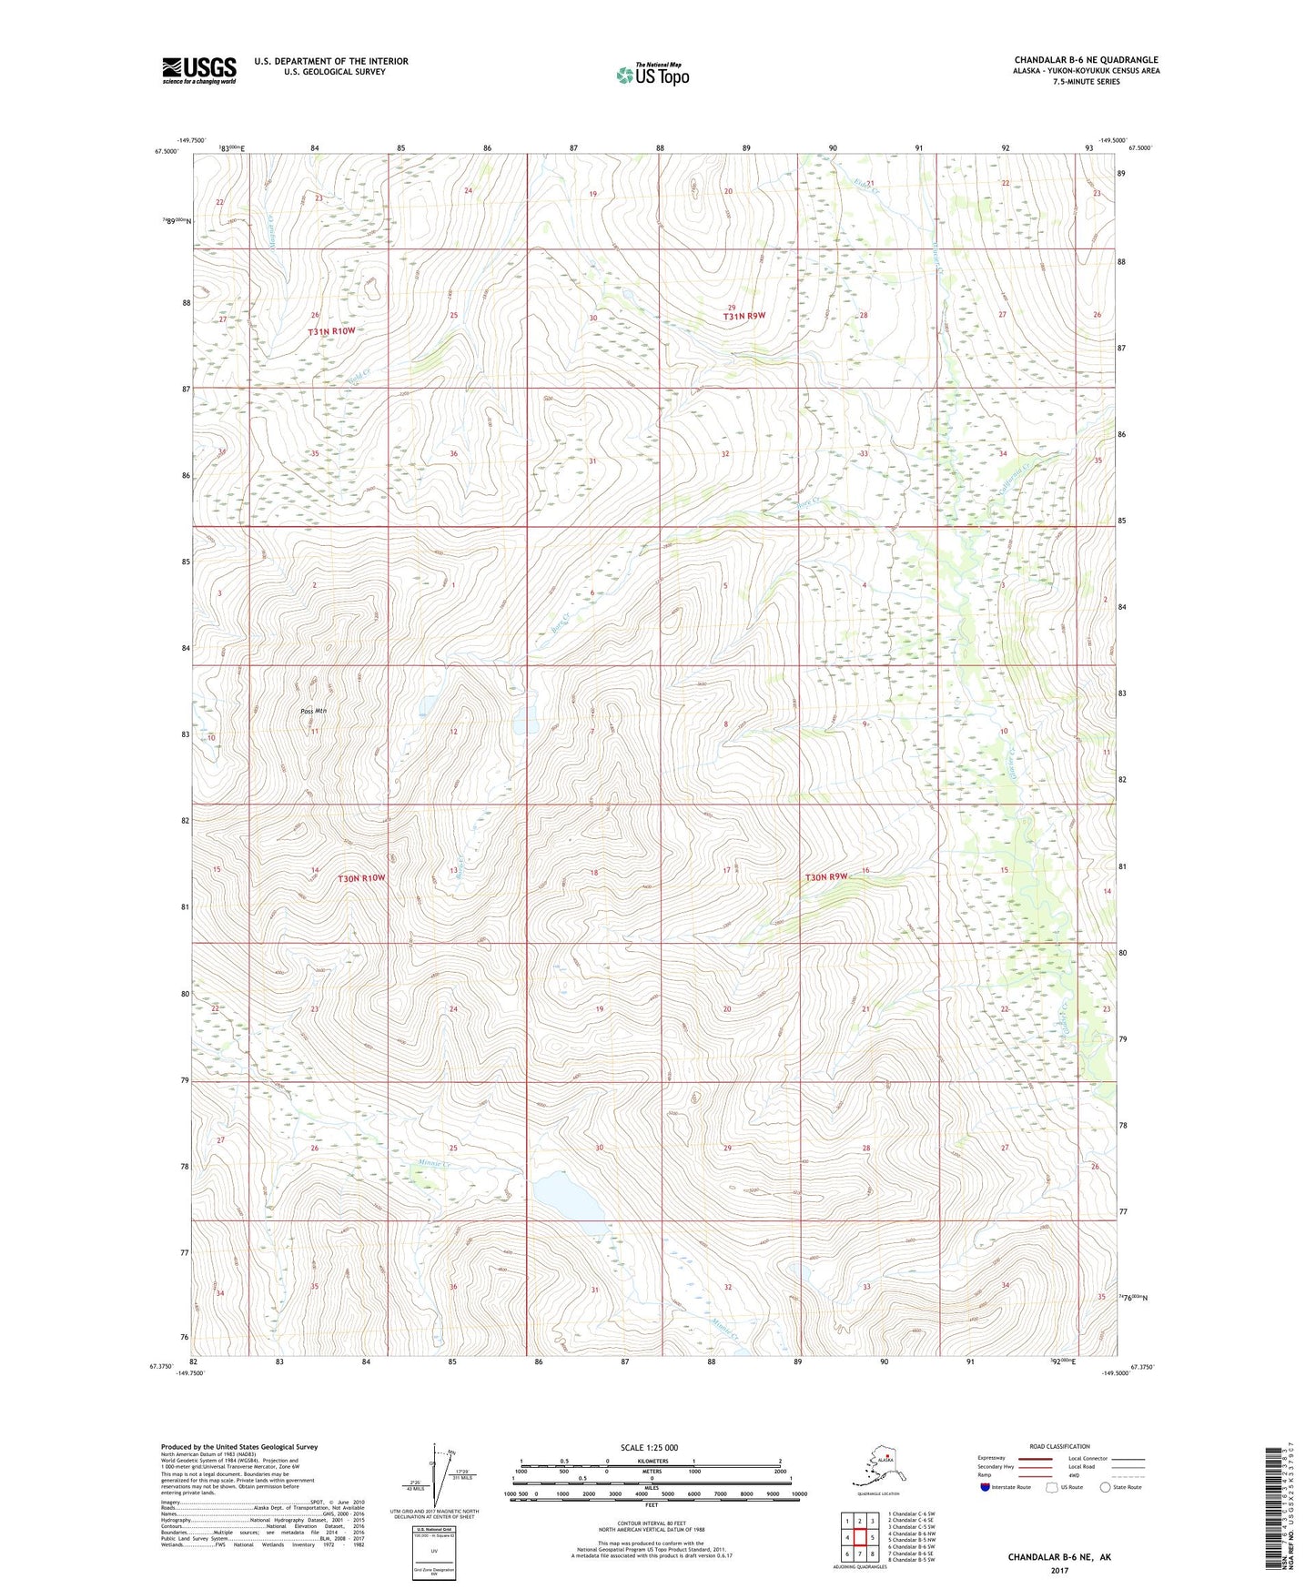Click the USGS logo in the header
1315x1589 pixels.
point(198,70)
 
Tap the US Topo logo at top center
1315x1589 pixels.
point(652,75)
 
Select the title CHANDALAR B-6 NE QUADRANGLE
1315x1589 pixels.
point(1086,60)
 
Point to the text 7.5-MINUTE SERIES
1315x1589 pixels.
point(1086,82)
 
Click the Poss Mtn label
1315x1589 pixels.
point(313,711)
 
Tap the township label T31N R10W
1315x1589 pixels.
point(330,332)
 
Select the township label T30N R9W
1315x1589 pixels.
point(825,877)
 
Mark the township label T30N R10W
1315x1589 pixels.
point(361,878)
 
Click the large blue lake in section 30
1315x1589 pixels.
point(566,1199)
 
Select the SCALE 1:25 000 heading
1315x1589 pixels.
point(650,1447)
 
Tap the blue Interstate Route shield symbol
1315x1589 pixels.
point(985,1487)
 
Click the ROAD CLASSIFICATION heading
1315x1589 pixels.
point(1059,1446)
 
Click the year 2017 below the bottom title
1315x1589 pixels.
point(1058,1570)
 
